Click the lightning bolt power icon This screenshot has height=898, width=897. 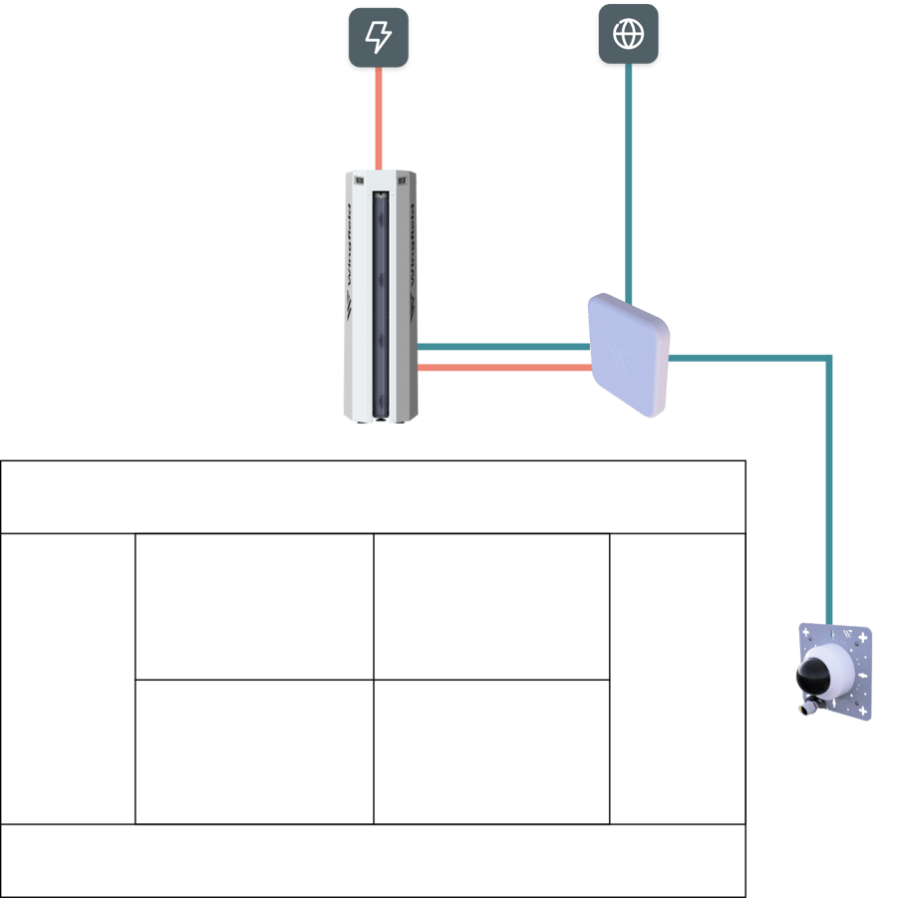(x=378, y=38)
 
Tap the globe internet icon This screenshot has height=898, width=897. (x=628, y=35)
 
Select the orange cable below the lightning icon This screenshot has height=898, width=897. (x=379, y=120)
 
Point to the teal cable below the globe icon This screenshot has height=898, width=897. (x=628, y=179)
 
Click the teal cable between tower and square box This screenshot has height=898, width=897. (x=503, y=347)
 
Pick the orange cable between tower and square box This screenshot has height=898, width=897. (x=503, y=368)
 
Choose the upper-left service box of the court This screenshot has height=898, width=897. (x=254, y=606)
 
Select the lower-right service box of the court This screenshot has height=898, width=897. (x=491, y=752)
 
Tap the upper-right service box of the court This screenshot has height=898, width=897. (x=491, y=606)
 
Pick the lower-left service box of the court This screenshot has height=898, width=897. (x=254, y=752)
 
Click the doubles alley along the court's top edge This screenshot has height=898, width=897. (x=374, y=496)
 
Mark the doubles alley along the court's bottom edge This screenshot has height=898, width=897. (x=374, y=860)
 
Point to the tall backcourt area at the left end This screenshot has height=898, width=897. (x=68, y=678)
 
